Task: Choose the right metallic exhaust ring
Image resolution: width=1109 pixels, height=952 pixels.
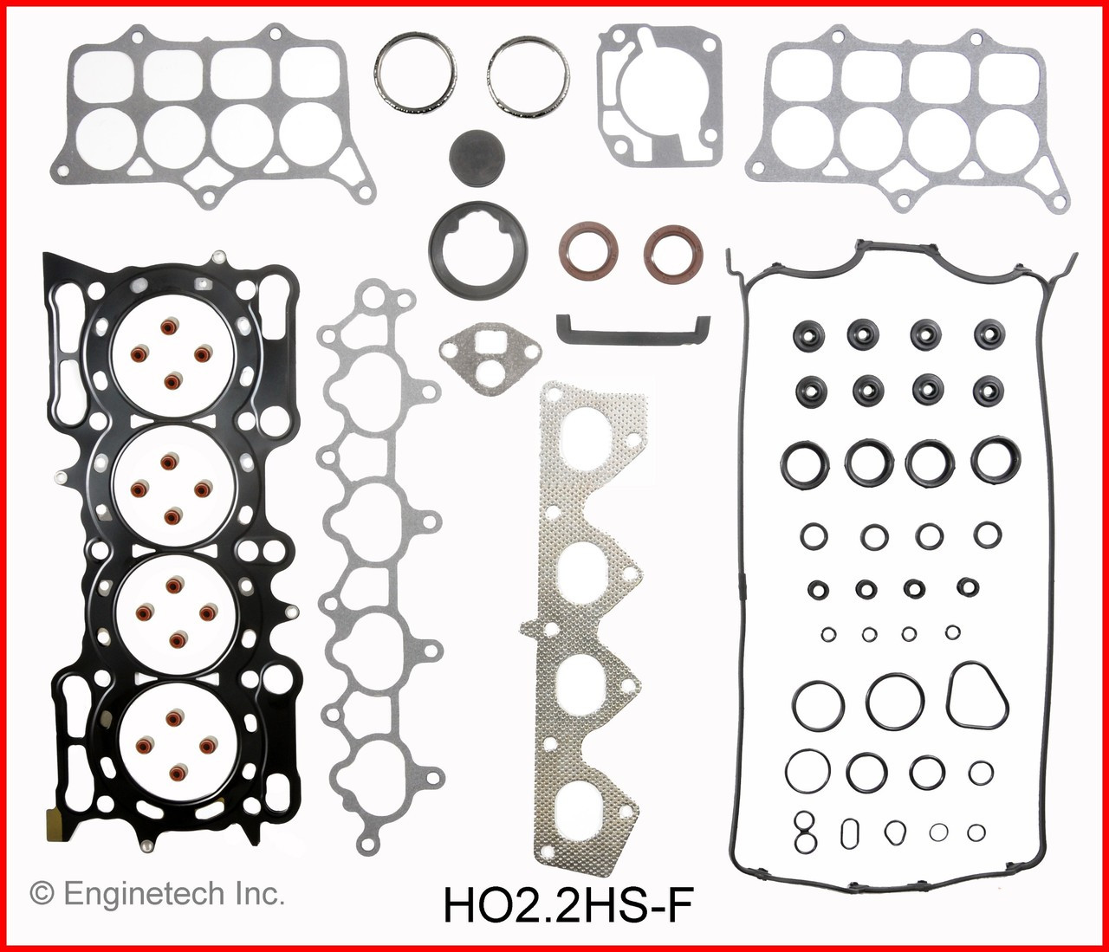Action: [x=528, y=74]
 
